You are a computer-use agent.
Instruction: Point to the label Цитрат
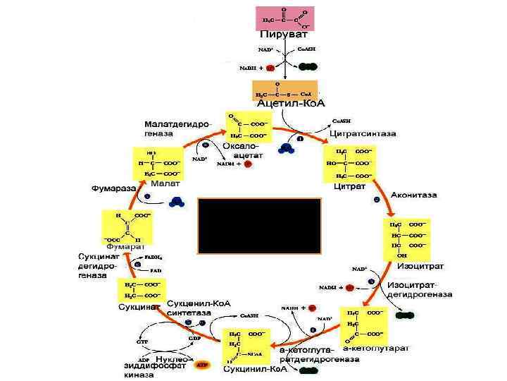pyautogui.click(x=349, y=187)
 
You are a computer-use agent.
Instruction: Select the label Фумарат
pyautogui.click(x=125, y=246)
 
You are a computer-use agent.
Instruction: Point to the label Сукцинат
pyautogui.click(x=137, y=308)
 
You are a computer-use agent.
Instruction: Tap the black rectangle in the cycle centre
pyautogui.click(x=259, y=226)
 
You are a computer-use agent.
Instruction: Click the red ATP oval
pyautogui.click(x=203, y=366)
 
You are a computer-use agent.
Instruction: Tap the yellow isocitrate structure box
pyautogui.click(x=408, y=239)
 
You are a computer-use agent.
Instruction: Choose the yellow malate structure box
pyautogui.click(x=158, y=163)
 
